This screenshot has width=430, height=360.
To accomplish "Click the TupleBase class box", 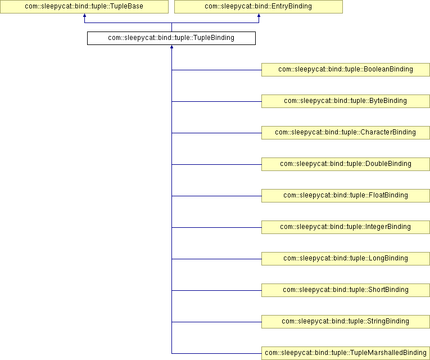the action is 84,7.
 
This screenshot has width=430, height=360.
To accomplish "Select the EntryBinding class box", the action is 259,7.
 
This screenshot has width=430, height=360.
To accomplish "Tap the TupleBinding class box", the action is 171,38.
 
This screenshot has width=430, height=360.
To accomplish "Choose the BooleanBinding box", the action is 346,70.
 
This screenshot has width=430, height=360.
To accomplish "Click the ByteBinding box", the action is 346,101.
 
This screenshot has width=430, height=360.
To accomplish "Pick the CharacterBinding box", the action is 346,133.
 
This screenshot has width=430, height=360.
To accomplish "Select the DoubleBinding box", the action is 346,164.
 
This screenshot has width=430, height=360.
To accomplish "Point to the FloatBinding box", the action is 346,196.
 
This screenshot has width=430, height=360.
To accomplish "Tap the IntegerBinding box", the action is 346,227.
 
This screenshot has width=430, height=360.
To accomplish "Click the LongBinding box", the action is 346,259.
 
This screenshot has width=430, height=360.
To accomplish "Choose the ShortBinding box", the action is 346,290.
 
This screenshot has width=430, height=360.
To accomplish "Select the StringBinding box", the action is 346,322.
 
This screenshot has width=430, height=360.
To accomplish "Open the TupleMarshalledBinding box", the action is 346,353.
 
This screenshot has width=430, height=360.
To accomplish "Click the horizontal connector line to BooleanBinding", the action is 216,70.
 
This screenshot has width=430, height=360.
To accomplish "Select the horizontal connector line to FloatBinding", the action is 216,196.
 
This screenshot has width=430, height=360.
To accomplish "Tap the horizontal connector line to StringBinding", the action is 216,322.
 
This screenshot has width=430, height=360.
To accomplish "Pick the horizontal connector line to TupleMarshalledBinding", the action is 216,353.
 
